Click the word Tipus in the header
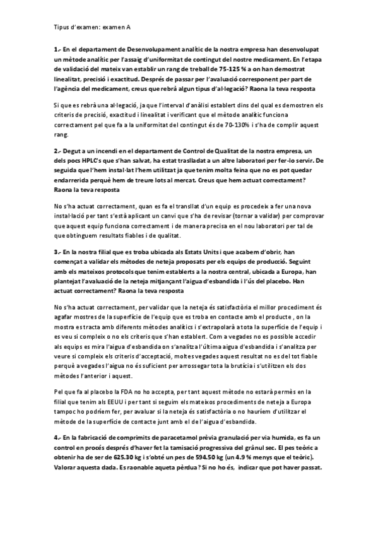[62, 28]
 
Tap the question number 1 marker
[57, 49]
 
